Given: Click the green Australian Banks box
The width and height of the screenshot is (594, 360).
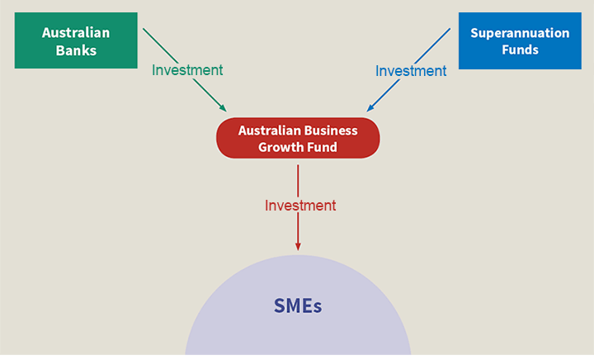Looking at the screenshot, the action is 76,40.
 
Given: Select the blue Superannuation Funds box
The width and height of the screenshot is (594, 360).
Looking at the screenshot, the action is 520,40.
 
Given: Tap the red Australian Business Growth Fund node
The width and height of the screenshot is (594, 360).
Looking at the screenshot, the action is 298,138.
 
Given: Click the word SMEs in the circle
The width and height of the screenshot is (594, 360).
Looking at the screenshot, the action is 298,306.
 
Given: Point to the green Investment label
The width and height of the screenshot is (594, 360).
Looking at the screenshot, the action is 187,70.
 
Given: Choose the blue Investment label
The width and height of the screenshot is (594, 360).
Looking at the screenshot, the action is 411,71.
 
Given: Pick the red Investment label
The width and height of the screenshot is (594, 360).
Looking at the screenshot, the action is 300,206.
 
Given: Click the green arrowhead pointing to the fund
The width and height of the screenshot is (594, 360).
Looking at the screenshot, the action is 222,107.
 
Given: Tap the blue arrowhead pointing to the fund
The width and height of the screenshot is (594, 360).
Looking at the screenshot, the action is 371,107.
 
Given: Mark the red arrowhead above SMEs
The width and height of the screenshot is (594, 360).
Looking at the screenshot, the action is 298,245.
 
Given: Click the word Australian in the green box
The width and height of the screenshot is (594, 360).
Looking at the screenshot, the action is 76,32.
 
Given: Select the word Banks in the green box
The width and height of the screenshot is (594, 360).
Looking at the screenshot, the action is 76,50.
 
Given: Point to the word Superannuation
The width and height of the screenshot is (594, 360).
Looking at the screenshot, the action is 520,33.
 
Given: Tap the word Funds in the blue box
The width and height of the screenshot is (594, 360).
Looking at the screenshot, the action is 520,50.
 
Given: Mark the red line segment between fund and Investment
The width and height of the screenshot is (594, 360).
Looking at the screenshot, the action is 298,181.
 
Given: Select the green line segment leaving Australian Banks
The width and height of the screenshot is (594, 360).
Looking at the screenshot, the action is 160,45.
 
